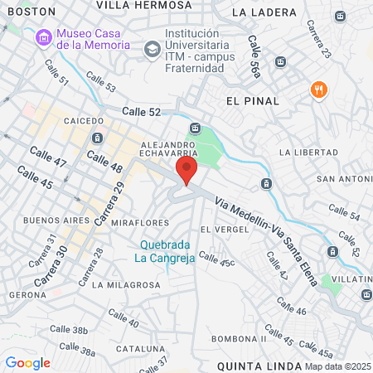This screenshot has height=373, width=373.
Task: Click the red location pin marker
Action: click(x=186, y=171)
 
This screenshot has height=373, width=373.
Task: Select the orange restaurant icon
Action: click(x=317, y=89)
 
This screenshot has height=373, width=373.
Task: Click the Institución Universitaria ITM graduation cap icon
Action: click(x=152, y=50)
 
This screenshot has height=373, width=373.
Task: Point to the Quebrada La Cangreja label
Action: click(x=164, y=250)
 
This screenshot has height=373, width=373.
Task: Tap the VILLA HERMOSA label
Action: click(x=143, y=5)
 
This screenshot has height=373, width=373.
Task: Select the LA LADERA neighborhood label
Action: click(x=264, y=12)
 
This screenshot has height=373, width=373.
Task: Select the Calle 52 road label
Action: click(x=141, y=111)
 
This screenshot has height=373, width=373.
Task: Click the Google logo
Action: click(x=27, y=362)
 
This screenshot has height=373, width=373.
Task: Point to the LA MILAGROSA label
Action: click(x=126, y=284)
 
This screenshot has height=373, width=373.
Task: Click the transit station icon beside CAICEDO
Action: click(x=97, y=138)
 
